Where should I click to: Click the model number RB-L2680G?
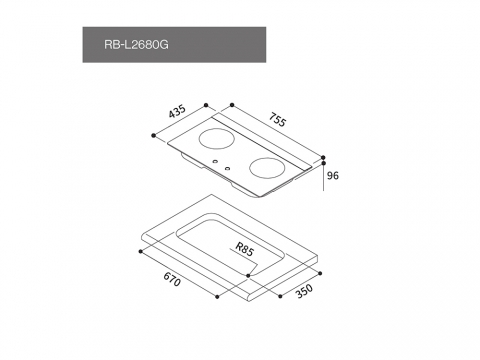click(x=136, y=45)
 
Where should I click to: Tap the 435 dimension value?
click(x=177, y=111)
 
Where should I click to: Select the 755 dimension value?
click(x=277, y=120)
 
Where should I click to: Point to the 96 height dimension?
click(x=333, y=175)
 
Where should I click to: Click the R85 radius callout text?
click(x=245, y=249)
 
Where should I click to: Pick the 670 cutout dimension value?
click(x=172, y=279)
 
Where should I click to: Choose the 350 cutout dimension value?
click(x=304, y=291)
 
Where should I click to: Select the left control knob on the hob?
click(x=215, y=162)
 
